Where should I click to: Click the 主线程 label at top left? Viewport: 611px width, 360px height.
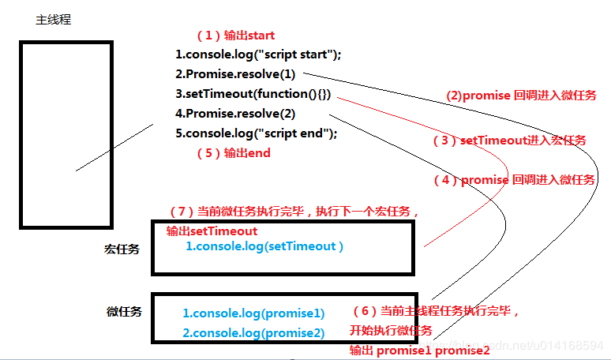tap(53, 20)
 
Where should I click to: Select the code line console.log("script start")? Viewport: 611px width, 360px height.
tap(258, 54)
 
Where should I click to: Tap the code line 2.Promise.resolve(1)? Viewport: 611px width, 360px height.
tap(235, 74)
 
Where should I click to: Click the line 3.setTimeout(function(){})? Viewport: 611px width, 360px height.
tap(253, 94)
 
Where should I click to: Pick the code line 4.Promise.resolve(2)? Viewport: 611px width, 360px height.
tap(235, 114)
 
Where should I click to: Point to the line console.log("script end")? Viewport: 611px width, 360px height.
tap(256, 133)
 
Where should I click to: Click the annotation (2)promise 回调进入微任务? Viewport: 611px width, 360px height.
tap(522, 96)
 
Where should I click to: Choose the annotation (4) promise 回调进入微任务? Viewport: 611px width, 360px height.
tap(515, 180)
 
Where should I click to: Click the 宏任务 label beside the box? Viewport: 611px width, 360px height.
tap(122, 249)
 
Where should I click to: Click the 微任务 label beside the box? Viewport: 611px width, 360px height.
tap(124, 312)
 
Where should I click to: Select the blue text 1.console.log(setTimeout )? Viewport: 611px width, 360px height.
tap(264, 246)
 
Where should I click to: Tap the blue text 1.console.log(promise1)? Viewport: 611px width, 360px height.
tap(253, 313)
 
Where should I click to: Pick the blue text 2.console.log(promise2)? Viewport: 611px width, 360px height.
tap(253, 332)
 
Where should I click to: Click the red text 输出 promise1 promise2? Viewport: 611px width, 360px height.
tap(419, 350)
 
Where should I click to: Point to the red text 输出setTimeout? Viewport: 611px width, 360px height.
tap(212, 231)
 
